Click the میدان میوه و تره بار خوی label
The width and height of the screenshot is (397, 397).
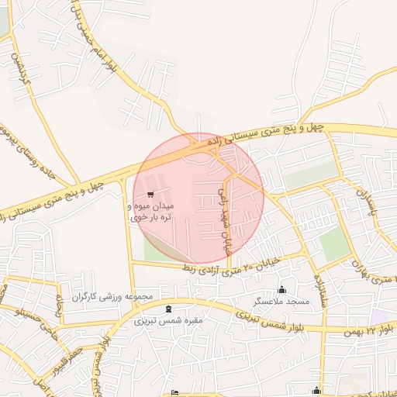click(x=151, y=212)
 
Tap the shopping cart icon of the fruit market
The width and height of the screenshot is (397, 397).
click(x=150, y=195)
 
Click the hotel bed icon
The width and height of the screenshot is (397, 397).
click(x=175, y=392)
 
